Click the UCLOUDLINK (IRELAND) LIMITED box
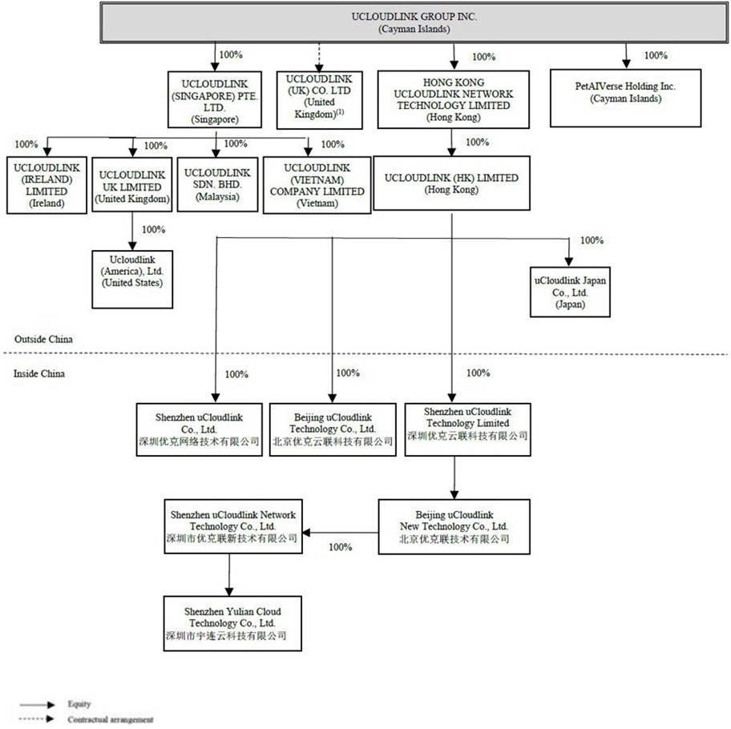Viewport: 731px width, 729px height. point(46,184)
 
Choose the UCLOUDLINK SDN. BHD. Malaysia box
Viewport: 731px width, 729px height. point(216,184)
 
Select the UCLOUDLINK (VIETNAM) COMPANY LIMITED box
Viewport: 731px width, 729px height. point(317,185)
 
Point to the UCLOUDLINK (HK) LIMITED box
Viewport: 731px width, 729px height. point(452,184)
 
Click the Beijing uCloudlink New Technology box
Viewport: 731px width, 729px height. point(454,526)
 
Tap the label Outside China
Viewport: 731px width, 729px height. point(43,339)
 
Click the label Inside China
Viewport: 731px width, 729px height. point(39,374)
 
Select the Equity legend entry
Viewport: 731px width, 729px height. point(79,704)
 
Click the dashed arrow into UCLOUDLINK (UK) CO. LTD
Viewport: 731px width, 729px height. point(318,55)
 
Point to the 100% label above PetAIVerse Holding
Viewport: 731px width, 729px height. point(656,55)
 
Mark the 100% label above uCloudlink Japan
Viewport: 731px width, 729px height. point(592,240)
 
